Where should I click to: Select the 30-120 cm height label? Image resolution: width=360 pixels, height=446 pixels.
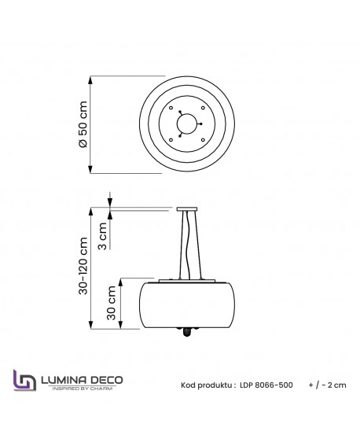pyautogui.click(x=83, y=267)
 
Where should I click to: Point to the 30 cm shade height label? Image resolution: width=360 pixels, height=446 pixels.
pyautogui.click(x=112, y=303)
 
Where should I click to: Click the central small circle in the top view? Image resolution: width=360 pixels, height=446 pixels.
pyautogui.click(x=186, y=123)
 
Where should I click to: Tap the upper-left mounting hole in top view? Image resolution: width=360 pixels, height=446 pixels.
pyautogui.click(x=171, y=108)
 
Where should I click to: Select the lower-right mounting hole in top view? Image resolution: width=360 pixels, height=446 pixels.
pyautogui.click(x=203, y=140)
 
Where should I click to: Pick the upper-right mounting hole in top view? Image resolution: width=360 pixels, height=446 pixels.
pyautogui.click(x=203, y=108)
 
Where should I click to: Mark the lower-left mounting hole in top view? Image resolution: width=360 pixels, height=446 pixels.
pyautogui.click(x=171, y=140)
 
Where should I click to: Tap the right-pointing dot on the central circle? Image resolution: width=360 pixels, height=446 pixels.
pyautogui.click(x=200, y=123)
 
